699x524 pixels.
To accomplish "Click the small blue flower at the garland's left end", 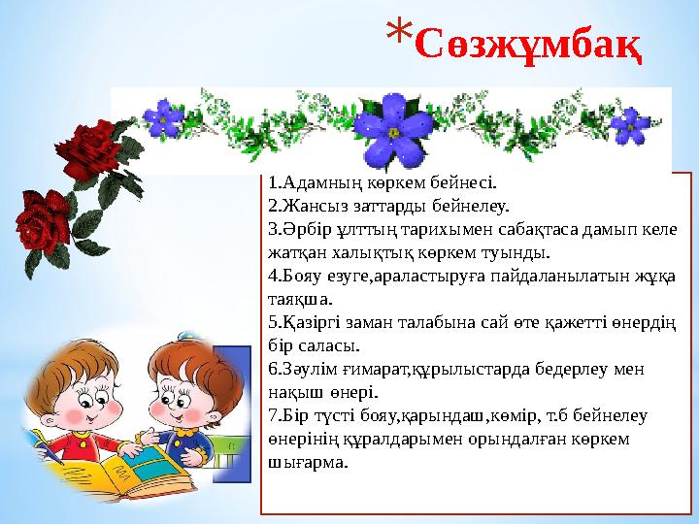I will pyautogui.click(x=164, y=119).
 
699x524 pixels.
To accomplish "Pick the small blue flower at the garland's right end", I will pyautogui.click(x=632, y=124).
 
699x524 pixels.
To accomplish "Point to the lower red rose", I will pyautogui.click(x=44, y=217).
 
